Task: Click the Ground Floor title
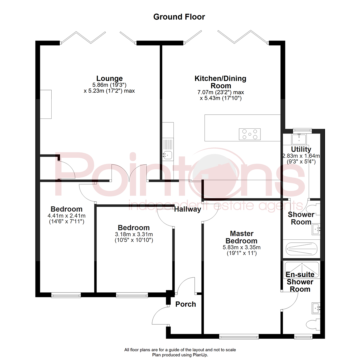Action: pos(179,17)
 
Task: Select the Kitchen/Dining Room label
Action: pos(220,82)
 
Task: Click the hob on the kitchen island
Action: pos(250,134)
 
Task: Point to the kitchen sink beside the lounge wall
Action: pos(168,154)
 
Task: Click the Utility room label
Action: pos(301,149)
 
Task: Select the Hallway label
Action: pos(188,209)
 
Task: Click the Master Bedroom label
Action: pos(241,237)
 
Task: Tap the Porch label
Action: pos(186,304)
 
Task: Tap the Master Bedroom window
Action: pos(239,337)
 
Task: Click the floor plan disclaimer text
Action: pos(180,352)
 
